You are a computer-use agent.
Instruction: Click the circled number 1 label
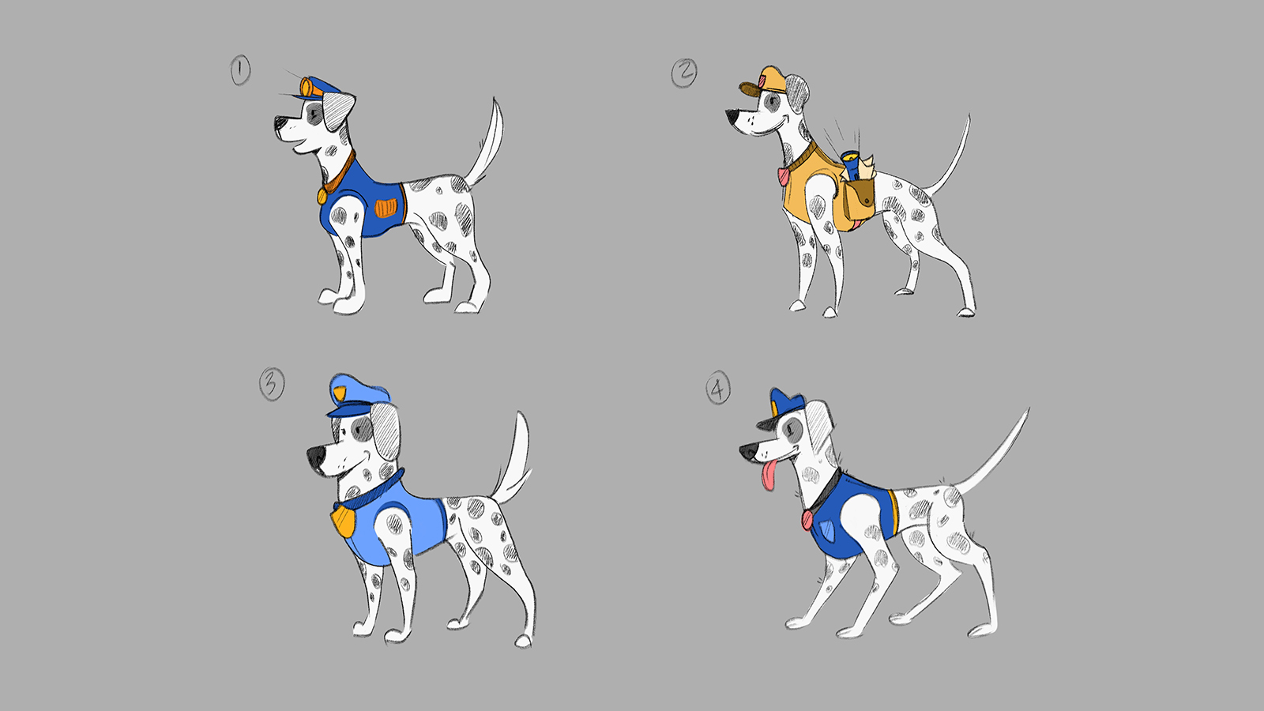click(240, 70)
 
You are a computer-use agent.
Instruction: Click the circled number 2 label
click(684, 73)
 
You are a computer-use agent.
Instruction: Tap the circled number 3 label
click(272, 384)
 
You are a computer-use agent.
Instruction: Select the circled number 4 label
click(718, 388)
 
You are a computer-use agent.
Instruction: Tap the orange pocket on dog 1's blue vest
click(386, 208)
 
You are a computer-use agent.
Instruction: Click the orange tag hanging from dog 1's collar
click(322, 196)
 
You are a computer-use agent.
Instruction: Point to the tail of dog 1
click(487, 144)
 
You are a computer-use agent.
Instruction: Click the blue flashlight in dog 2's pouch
click(851, 164)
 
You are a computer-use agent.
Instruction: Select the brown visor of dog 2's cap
click(750, 89)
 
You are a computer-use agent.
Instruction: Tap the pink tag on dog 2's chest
click(783, 176)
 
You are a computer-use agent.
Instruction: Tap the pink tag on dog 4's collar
click(807, 521)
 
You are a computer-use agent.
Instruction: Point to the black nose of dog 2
click(732, 118)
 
